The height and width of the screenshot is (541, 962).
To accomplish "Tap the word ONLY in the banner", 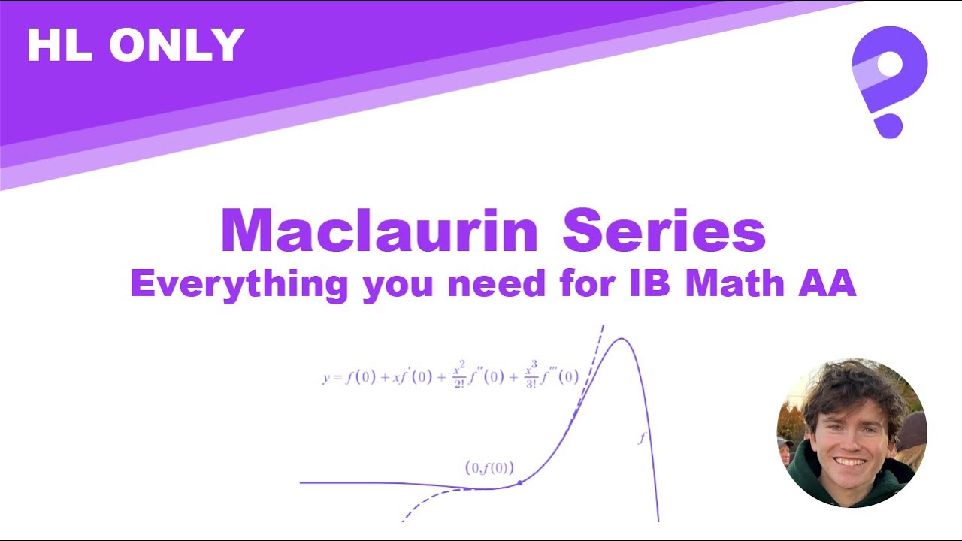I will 177,45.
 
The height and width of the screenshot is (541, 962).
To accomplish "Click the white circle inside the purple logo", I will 889,65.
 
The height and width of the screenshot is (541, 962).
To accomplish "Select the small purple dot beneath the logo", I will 889,125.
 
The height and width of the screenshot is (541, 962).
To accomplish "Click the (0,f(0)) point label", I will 489,467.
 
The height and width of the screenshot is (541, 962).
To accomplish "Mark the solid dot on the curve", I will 520,483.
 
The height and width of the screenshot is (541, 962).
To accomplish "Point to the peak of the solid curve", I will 622,339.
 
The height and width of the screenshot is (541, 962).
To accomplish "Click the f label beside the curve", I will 641,437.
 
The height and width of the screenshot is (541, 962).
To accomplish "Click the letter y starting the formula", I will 327,377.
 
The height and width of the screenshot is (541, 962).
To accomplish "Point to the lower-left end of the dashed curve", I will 404,519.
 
